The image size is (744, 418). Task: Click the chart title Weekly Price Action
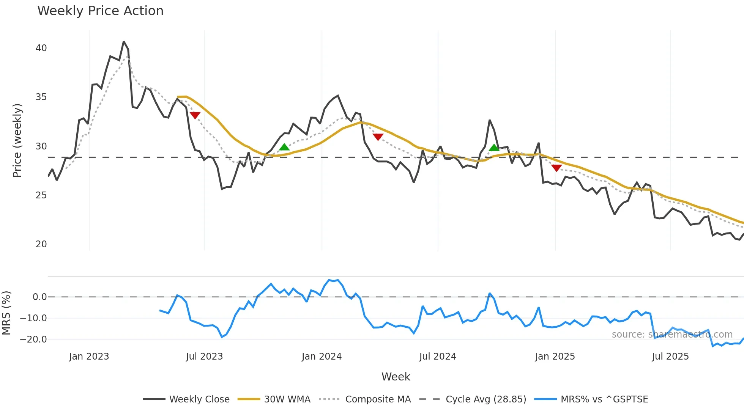click(x=100, y=11)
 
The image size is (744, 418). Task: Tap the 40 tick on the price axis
click(x=41, y=48)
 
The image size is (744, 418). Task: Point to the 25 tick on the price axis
click(x=41, y=195)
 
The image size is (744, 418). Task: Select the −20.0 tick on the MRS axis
click(x=33, y=339)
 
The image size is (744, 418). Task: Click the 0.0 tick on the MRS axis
click(x=39, y=297)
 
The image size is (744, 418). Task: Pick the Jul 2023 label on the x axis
click(x=204, y=357)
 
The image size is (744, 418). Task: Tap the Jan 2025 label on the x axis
click(x=555, y=357)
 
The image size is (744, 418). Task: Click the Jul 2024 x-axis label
click(x=438, y=357)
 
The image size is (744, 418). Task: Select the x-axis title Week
click(x=396, y=377)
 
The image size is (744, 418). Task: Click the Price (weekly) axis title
click(x=17, y=140)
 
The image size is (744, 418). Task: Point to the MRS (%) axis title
click(x=6, y=313)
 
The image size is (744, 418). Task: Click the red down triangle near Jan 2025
click(x=556, y=168)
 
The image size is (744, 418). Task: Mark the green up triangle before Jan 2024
click(x=284, y=147)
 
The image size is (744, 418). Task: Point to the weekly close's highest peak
click(x=124, y=42)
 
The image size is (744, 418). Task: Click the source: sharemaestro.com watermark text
click(x=672, y=335)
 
